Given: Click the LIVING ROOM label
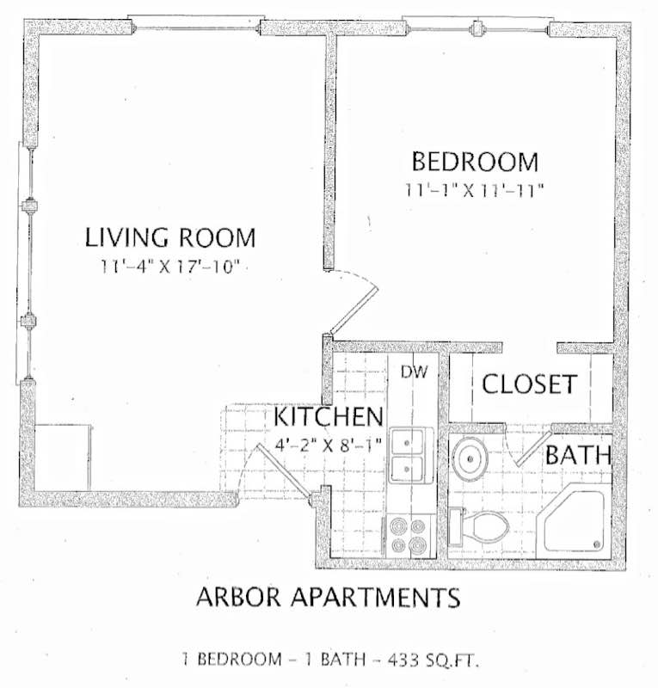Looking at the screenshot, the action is [x=170, y=237].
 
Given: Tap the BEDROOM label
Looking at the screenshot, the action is [x=475, y=162].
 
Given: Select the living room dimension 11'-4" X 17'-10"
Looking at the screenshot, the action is [x=170, y=267].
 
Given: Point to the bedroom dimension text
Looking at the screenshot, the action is [x=474, y=190].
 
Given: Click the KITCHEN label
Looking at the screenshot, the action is [x=329, y=416].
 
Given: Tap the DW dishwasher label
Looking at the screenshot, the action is [x=414, y=372].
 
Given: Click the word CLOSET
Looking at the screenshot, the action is [x=529, y=384].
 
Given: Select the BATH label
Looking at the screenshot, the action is [x=578, y=455].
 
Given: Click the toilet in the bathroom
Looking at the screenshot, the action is [x=478, y=526].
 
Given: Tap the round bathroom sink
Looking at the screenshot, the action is [x=470, y=458].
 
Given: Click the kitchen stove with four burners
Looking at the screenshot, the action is [x=409, y=536].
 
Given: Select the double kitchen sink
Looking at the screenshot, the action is [x=408, y=456].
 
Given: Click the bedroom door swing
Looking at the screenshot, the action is [x=354, y=302].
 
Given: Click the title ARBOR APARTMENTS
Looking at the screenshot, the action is [x=329, y=597].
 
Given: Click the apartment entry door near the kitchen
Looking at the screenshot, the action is [x=285, y=471].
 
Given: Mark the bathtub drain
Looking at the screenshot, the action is [x=597, y=544].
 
